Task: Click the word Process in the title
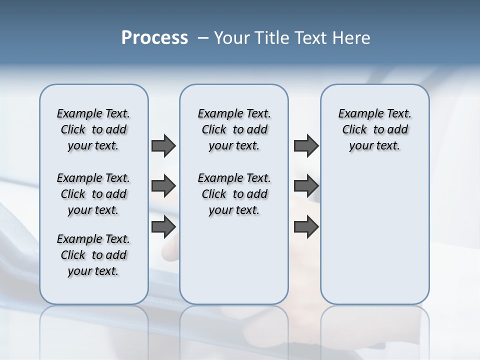tap(154, 37)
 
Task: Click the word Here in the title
tap(350, 38)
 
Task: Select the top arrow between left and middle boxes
tap(163, 145)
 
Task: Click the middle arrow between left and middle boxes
tap(163, 186)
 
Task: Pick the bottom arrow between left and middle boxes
tap(163, 227)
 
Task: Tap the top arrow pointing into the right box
tap(306, 145)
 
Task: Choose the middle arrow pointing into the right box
tap(306, 186)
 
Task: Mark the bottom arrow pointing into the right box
tap(306, 227)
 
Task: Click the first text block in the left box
tap(93, 129)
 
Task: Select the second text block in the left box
tap(93, 194)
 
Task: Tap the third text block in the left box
tap(93, 255)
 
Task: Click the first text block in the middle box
tap(234, 129)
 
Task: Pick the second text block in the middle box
tap(234, 194)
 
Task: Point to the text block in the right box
tap(374, 129)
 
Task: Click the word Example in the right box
tap(357, 114)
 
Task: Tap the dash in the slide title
tap(203, 38)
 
